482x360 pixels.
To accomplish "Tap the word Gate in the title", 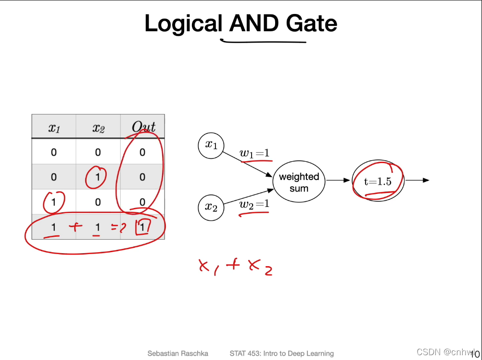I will tap(312, 23).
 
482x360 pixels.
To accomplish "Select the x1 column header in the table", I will tap(53, 128).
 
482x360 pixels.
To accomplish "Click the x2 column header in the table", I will tap(98, 128).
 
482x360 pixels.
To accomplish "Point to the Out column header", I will tap(143, 127).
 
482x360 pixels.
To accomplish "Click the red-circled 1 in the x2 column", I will tap(98, 177).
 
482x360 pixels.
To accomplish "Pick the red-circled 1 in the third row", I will tap(53, 202).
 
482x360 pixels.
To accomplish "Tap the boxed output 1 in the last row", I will tap(142, 226).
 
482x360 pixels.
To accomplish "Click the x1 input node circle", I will tap(211, 145).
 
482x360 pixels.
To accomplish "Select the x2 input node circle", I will tap(211, 208).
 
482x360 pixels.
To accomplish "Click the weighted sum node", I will tap(299, 182).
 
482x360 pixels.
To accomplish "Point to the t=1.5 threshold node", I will tap(378, 181).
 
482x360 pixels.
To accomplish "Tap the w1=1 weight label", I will tap(254, 154).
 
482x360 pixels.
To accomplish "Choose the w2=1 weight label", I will tap(254, 204).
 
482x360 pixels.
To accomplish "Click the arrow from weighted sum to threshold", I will tap(339, 180).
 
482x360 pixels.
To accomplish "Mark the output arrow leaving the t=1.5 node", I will tap(417, 180).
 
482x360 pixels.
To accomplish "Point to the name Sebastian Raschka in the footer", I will tap(178, 353).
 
